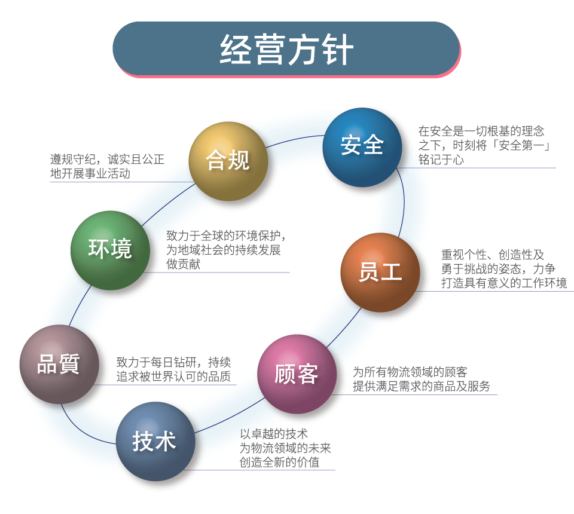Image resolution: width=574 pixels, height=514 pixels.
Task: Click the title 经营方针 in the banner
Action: point(286,50)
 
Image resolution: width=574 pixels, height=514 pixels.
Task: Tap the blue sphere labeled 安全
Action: point(362,147)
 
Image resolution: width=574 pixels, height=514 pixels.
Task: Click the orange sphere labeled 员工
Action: point(380,272)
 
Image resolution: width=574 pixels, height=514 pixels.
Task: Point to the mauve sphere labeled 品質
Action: point(59,364)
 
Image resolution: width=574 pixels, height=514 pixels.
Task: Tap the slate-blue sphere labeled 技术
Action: point(155,441)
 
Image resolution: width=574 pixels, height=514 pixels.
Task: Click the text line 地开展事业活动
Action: point(90,175)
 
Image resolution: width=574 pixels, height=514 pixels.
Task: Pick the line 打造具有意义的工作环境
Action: point(504,283)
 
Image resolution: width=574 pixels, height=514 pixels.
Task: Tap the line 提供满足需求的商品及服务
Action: point(422,386)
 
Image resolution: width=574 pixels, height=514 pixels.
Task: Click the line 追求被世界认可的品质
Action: point(173,377)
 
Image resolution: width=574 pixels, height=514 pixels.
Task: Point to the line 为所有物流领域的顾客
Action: point(410,372)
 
